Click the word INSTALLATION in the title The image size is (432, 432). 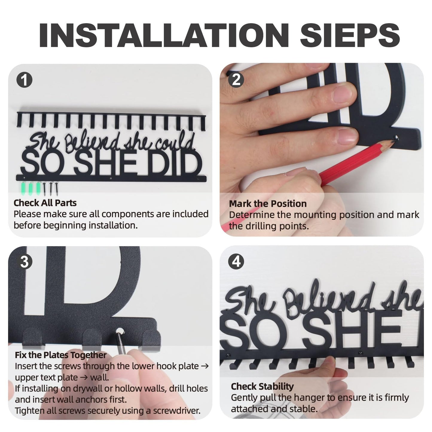pos(164,35)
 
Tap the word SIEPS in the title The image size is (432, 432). pos(350,35)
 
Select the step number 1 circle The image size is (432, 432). pos(24,80)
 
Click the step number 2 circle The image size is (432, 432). pos(236,80)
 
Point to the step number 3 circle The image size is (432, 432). pos(24,262)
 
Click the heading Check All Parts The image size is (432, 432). pos(45,203)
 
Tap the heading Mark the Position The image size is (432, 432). pos(268,204)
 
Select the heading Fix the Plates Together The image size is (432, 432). pos(60,355)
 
